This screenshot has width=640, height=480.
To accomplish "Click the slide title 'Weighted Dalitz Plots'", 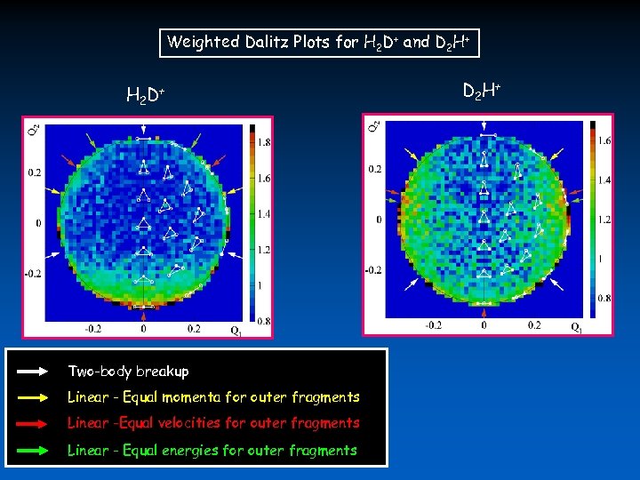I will (x=241, y=42).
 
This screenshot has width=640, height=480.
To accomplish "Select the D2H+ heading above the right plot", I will (x=484, y=90).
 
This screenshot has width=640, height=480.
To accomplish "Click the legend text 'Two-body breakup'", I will (x=128, y=371).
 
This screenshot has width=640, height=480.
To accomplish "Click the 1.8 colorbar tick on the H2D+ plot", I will (x=264, y=142).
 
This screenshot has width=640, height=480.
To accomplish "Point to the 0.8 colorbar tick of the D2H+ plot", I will (x=604, y=298).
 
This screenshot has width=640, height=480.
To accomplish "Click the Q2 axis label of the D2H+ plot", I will (x=375, y=128).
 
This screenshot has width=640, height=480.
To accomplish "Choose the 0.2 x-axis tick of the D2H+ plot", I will (x=535, y=325).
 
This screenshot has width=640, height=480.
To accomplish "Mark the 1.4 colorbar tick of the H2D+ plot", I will (x=264, y=214).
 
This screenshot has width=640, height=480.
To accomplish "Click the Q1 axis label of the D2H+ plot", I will (x=578, y=328).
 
